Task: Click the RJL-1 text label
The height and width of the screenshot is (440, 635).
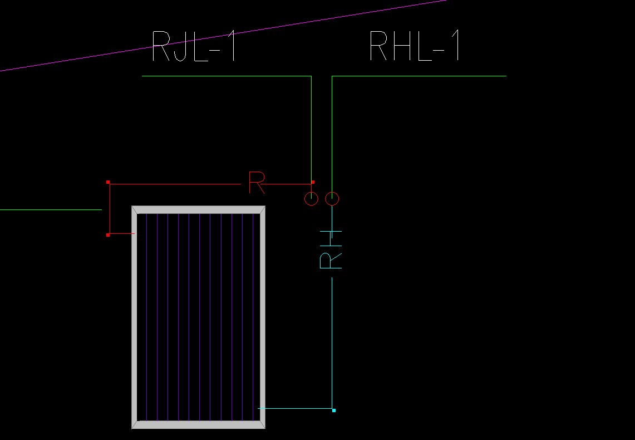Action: coord(194,46)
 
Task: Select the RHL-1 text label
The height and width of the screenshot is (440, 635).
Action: coord(415,46)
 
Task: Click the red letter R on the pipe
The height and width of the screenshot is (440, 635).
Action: coord(257,183)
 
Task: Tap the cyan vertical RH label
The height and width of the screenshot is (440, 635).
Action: coord(331,249)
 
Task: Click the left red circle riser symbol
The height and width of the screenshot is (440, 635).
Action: coord(311,198)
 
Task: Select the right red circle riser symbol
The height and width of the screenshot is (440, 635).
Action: coord(332,198)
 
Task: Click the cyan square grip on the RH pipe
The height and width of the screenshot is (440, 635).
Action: coord(334,410)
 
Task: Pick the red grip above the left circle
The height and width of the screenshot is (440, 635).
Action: coord(313,182)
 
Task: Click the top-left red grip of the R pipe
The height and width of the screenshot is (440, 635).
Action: coord(108,182)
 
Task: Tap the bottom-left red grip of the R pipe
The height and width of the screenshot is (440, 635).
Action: coord(108,234)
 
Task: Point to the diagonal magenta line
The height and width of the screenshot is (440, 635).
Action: coord(223,36)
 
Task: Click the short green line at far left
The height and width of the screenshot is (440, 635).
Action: coord(50,210)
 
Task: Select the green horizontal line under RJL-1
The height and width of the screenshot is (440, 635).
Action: coord(223,76)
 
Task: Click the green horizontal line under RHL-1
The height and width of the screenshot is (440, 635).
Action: coord(417,76)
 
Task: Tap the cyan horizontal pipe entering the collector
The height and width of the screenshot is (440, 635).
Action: coord(295,408)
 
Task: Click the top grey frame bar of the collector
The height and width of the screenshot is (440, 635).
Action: coord(198,209)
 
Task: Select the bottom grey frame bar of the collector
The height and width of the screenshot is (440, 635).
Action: coord(198,425)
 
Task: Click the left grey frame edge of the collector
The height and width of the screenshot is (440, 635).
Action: coord(134,317)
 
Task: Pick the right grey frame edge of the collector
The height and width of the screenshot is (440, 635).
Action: coord(262,317)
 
